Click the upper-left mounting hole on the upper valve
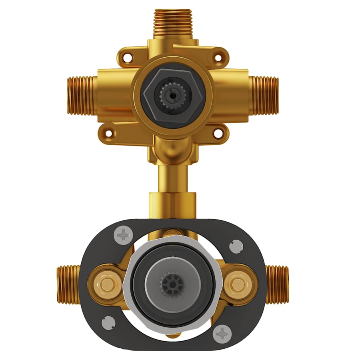tap(127, 58)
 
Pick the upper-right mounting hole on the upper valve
tap(218, 58)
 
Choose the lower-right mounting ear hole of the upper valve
tap(218, 132)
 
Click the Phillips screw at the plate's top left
tap(123, 236)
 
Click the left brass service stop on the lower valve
tap(106, 284)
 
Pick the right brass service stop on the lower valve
tap(238, 284)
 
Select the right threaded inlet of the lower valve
tap(277, 284)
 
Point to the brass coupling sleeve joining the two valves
tap(173, 204)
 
